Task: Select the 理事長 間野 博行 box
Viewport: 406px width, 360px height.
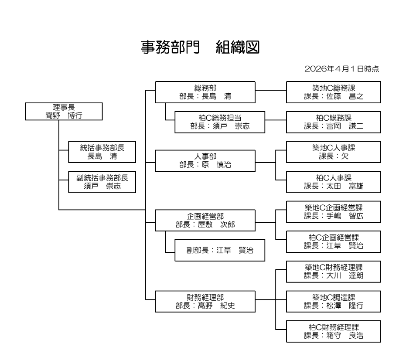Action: (64, 111)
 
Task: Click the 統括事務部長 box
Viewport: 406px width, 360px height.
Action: (102, 152)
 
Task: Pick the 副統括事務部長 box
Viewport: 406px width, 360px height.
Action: (102, 182)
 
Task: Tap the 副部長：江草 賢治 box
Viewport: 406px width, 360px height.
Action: (220, 250)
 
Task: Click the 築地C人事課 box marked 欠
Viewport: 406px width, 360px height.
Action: (334, 152)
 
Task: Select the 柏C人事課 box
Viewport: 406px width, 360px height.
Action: (334, 182)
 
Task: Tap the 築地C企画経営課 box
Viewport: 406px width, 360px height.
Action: (334, 211)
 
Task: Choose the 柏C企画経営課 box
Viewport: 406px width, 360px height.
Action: (334, 241)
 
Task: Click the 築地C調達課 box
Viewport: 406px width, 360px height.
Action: (334, 301)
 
